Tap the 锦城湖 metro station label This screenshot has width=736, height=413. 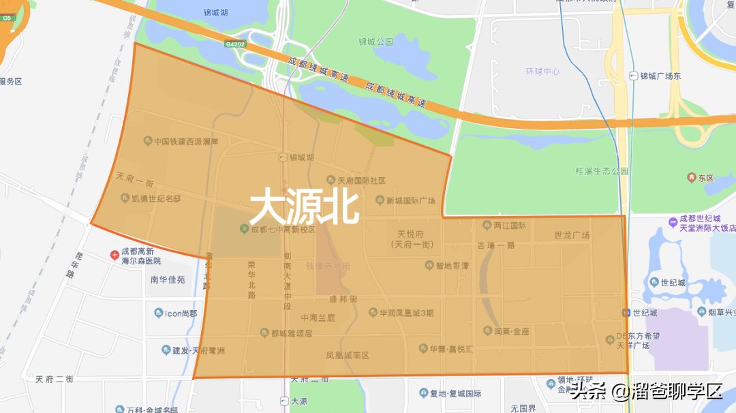tap(301, 157)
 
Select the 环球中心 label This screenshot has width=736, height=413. tap(542, 72)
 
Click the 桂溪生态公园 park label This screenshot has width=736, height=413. tap(602, 171)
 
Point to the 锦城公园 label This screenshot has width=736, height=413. tap(376, 42)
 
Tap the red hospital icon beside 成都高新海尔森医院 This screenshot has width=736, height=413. tap(114, 255)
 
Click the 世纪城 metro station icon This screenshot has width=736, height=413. tap(626, 313)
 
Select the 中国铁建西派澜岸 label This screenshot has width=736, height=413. tap(185, 142)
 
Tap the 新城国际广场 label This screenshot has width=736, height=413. tap(410, 200)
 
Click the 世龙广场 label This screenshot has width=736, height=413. tap(571, 236)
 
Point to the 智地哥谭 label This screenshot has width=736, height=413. tap(452, 266)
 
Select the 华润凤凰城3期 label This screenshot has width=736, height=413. tap(405, 313)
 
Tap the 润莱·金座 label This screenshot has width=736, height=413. tap(511, 331)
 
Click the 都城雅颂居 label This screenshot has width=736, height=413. tap(291, 333)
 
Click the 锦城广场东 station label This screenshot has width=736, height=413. tap(660, 76)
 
